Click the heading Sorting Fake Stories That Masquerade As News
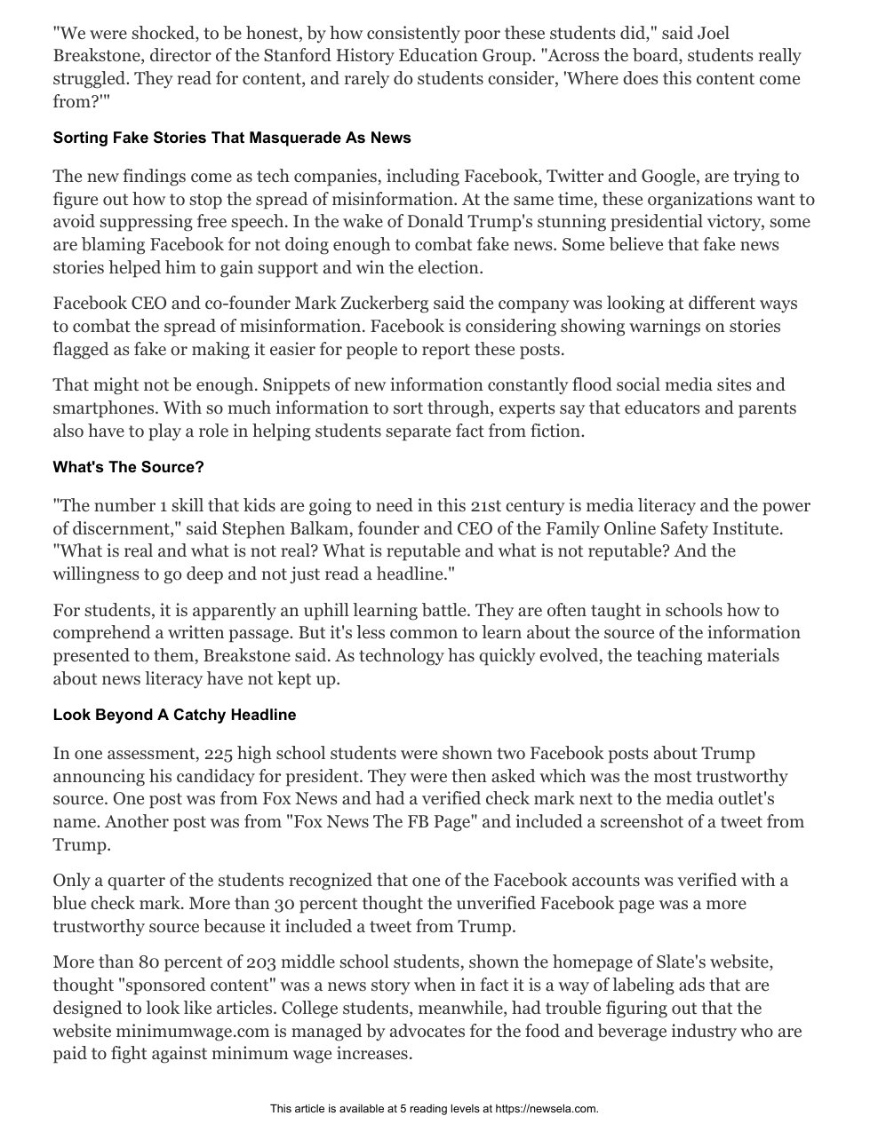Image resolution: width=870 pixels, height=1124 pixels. coord(232,138)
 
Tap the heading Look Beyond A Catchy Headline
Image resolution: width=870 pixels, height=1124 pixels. coord(174,715)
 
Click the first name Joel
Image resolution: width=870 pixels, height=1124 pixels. coord(713,34)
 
